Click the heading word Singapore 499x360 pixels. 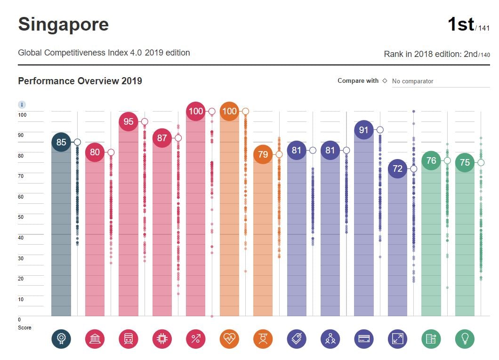coord(63,24)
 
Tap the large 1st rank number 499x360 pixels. coord(460,24)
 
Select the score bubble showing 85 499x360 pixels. coord(61,142)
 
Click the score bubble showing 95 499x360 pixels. coord(129,122)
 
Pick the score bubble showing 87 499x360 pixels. coord(162,138)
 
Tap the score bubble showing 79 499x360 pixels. coord(263,154)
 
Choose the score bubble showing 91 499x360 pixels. coord(363,130)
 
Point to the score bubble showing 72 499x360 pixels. coord(398,168)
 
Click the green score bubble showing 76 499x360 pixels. coord(431,161)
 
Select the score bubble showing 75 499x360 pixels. coord(465,162)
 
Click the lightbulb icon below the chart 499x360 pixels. coord(465,338)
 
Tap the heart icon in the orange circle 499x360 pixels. coord(229,338)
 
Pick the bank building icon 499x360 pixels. coord(95,338)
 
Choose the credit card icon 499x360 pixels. coord(363,338)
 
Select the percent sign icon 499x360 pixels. coord(196,338)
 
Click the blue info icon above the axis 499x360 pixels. coord(22,104)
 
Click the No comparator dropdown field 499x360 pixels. coord(440,81)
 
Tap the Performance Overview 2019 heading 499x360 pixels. coord(80,81)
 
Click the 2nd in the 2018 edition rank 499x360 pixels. coord(471,54)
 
